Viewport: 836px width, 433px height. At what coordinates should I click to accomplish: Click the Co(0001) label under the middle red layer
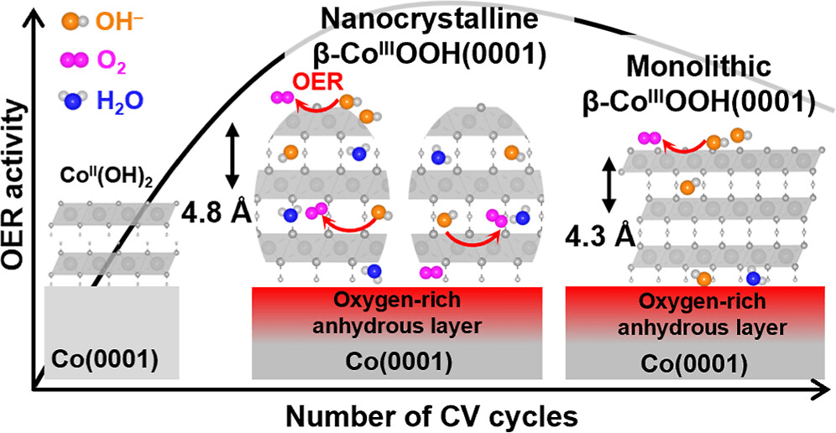pos(399,362)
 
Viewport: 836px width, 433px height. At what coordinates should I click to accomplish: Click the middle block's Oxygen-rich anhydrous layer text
pos(399,311)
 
